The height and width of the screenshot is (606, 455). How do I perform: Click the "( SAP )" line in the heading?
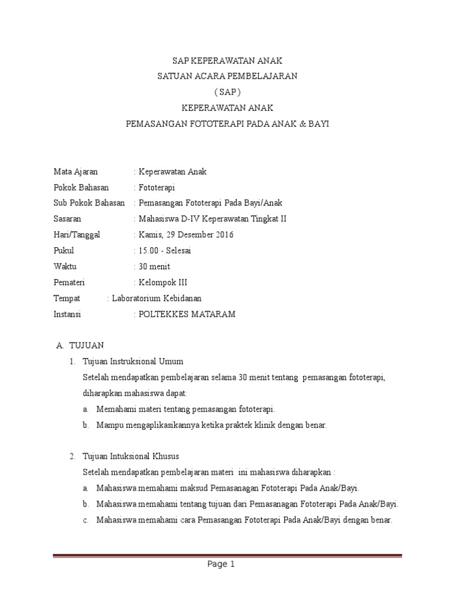tap(227, 92)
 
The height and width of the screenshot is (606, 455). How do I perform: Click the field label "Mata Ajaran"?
tap(75, 172)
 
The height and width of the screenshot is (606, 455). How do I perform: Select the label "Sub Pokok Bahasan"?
tap(89, 203)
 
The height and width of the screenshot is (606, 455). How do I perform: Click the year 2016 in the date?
tap(223, 235)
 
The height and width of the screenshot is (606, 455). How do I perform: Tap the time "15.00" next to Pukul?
tap(149, 251)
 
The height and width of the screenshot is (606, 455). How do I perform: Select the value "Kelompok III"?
tap(162, 283)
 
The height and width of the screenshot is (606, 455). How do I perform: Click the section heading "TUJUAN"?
tap(86, 345)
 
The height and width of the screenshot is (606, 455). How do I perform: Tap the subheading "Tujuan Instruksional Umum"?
tap(133, 361)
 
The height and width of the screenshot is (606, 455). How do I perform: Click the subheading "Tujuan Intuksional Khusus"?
tap(132, 457)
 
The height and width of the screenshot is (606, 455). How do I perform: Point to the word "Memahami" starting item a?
tap(116, 409)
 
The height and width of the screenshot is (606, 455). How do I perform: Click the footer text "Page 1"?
tap(222, 565)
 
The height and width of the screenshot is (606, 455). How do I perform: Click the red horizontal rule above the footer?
tap(227, 556)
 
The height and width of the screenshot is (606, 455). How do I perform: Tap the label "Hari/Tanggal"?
tap(77, 235)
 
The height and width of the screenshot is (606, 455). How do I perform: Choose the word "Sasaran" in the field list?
tap(67, 219)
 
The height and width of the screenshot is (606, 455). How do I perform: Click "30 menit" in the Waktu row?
tap(154, 267)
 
